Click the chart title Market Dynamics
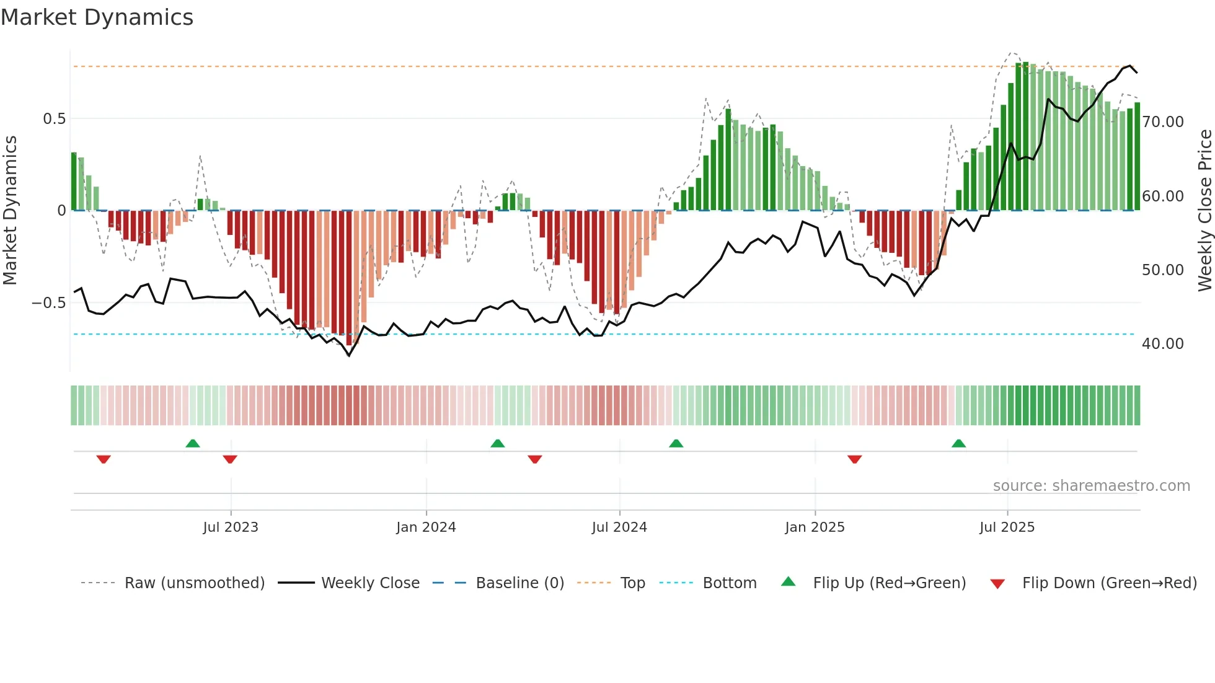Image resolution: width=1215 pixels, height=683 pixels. (97, 17)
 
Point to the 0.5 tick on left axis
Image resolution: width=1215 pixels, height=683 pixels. (54, 118)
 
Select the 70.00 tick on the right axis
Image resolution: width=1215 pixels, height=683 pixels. (1163, 121)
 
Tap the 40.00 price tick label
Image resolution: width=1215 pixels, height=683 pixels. (1163, 343)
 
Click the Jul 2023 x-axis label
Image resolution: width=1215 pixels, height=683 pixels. (231, 527)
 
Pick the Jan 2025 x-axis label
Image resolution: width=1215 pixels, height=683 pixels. (815, 527)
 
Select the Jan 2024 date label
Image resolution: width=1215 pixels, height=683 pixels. (426, 527)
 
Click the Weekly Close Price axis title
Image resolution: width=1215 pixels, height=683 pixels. (1204, 211)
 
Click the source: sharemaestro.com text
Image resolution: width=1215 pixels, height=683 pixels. (1091, 485)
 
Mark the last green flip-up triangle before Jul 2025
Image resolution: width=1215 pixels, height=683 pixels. (958, 443)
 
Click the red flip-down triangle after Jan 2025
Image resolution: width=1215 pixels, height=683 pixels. (854, 459)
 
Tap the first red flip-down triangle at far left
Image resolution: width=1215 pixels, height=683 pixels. (104, 459)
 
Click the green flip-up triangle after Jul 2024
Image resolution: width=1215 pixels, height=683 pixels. (676, 443)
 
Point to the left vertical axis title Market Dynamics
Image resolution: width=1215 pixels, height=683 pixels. (10, 211)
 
